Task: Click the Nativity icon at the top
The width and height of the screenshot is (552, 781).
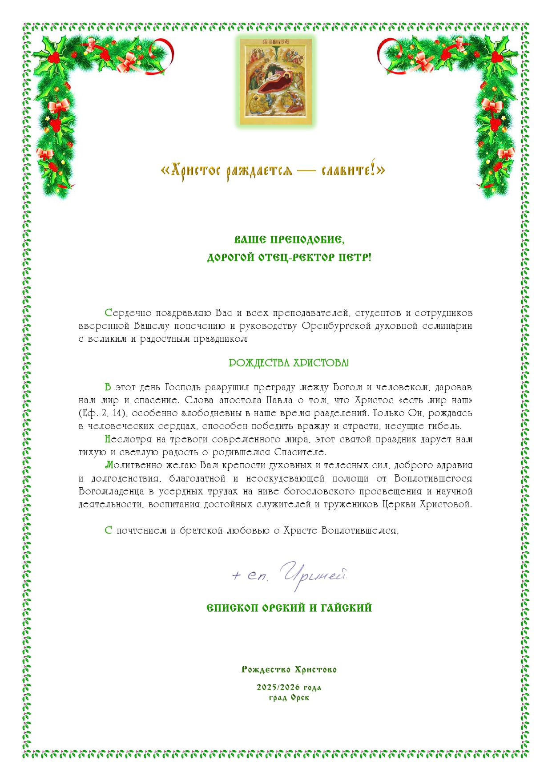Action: tap(276, 81)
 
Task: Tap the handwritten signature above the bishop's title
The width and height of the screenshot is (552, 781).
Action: tap(289, 576)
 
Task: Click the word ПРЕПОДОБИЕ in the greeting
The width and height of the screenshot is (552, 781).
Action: tap(307, 240)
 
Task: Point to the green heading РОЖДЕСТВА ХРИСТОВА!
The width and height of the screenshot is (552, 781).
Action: tap(289, 363)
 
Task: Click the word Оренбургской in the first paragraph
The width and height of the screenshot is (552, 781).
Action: tap(336, 326)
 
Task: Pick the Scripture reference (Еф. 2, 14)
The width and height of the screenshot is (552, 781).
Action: tap(103, 413)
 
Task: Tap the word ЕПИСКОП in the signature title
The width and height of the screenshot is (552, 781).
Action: tap(234, 608)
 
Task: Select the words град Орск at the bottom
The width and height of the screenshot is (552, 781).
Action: tap(289, 697)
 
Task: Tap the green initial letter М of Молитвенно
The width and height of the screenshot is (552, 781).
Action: tap(109, 465)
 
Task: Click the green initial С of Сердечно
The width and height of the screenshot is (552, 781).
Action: tap(108, 313)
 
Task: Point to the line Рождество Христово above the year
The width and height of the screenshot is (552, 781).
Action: tap(289, 670)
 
